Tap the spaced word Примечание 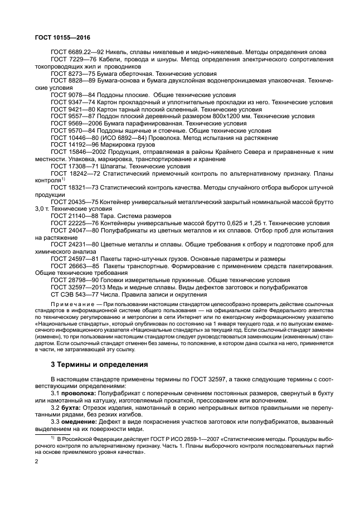(71, 304)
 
